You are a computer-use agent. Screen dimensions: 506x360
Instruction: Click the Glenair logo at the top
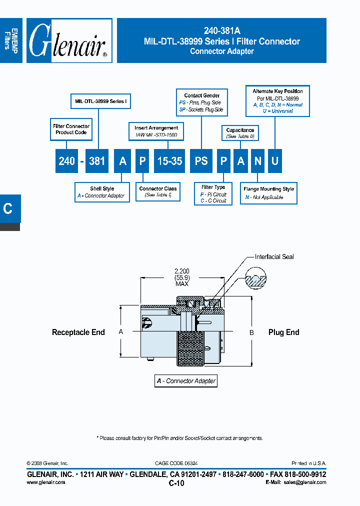pos(69,41)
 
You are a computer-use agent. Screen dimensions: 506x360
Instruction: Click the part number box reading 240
pos(66,161)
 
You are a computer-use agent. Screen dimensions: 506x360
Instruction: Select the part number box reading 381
pos(96,161)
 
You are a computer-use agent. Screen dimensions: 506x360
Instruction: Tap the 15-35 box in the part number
pos(169,161)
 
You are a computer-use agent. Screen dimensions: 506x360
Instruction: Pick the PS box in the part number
pos(201,161)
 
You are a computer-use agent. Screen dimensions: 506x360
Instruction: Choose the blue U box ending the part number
pos(274,161)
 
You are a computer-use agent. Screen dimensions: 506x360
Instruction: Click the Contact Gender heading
pos(201,95)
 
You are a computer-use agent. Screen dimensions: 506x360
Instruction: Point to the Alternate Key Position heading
pos(277,91)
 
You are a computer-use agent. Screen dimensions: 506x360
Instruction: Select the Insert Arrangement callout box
pos(156,131)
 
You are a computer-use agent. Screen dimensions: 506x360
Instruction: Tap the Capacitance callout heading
pos(240,130)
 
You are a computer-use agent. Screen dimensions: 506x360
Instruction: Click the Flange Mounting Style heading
pos(268,189)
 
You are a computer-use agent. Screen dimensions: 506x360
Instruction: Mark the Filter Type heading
pos(213,187)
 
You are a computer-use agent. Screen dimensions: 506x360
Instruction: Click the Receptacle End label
pos(78,332)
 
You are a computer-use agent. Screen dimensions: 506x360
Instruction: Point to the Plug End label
pos(283,332)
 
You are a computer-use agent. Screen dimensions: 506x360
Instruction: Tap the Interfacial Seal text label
pos(274,256)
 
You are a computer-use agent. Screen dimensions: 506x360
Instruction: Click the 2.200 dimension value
pos(182,271)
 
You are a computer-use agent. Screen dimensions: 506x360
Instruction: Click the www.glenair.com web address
pos(45,482)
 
